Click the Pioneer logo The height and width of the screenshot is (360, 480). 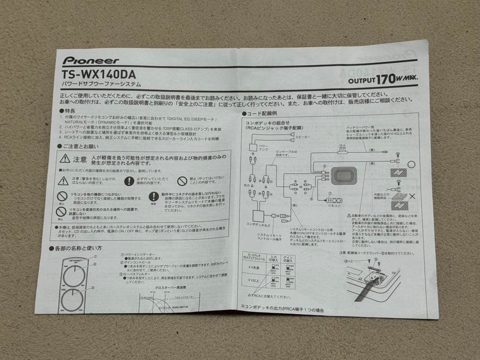tap(91, 60)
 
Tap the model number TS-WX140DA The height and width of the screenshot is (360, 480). tap(99, 74)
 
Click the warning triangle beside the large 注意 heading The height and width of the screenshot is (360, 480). tap(65, 159)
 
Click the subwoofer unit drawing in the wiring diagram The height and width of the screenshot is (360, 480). tap(343, 176)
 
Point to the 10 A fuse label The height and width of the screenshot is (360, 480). tap(342, 145)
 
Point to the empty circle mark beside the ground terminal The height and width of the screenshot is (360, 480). tap(411, 164)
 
